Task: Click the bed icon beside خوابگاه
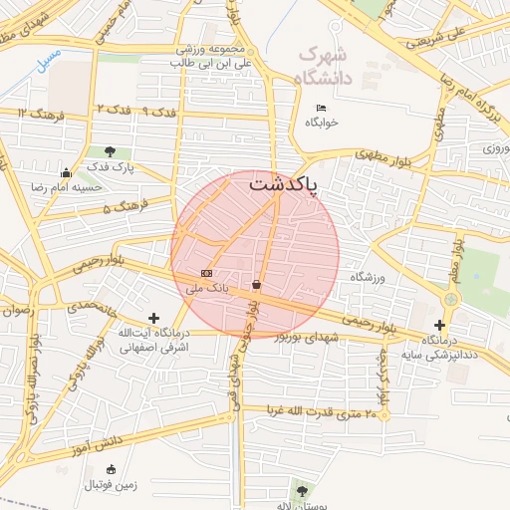pyautogui.click(x=321, y=108)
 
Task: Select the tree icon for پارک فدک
pyautogui.click(x=110, y=151)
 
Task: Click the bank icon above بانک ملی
pyautogui.click(x=206, y=273)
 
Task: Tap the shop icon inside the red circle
pyautogui.click(x=258, y=285)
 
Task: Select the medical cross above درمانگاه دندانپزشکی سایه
pyautogui.click(x=440, y=325)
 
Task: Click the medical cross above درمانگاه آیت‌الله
pyautogui.click(x=153, y=318)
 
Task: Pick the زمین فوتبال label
pyautogui.click(x=110, y=484)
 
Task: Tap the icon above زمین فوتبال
pyautogui.click(x=110, y=469)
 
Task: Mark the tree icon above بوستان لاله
pyautogui.click(x=301, y=490)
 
